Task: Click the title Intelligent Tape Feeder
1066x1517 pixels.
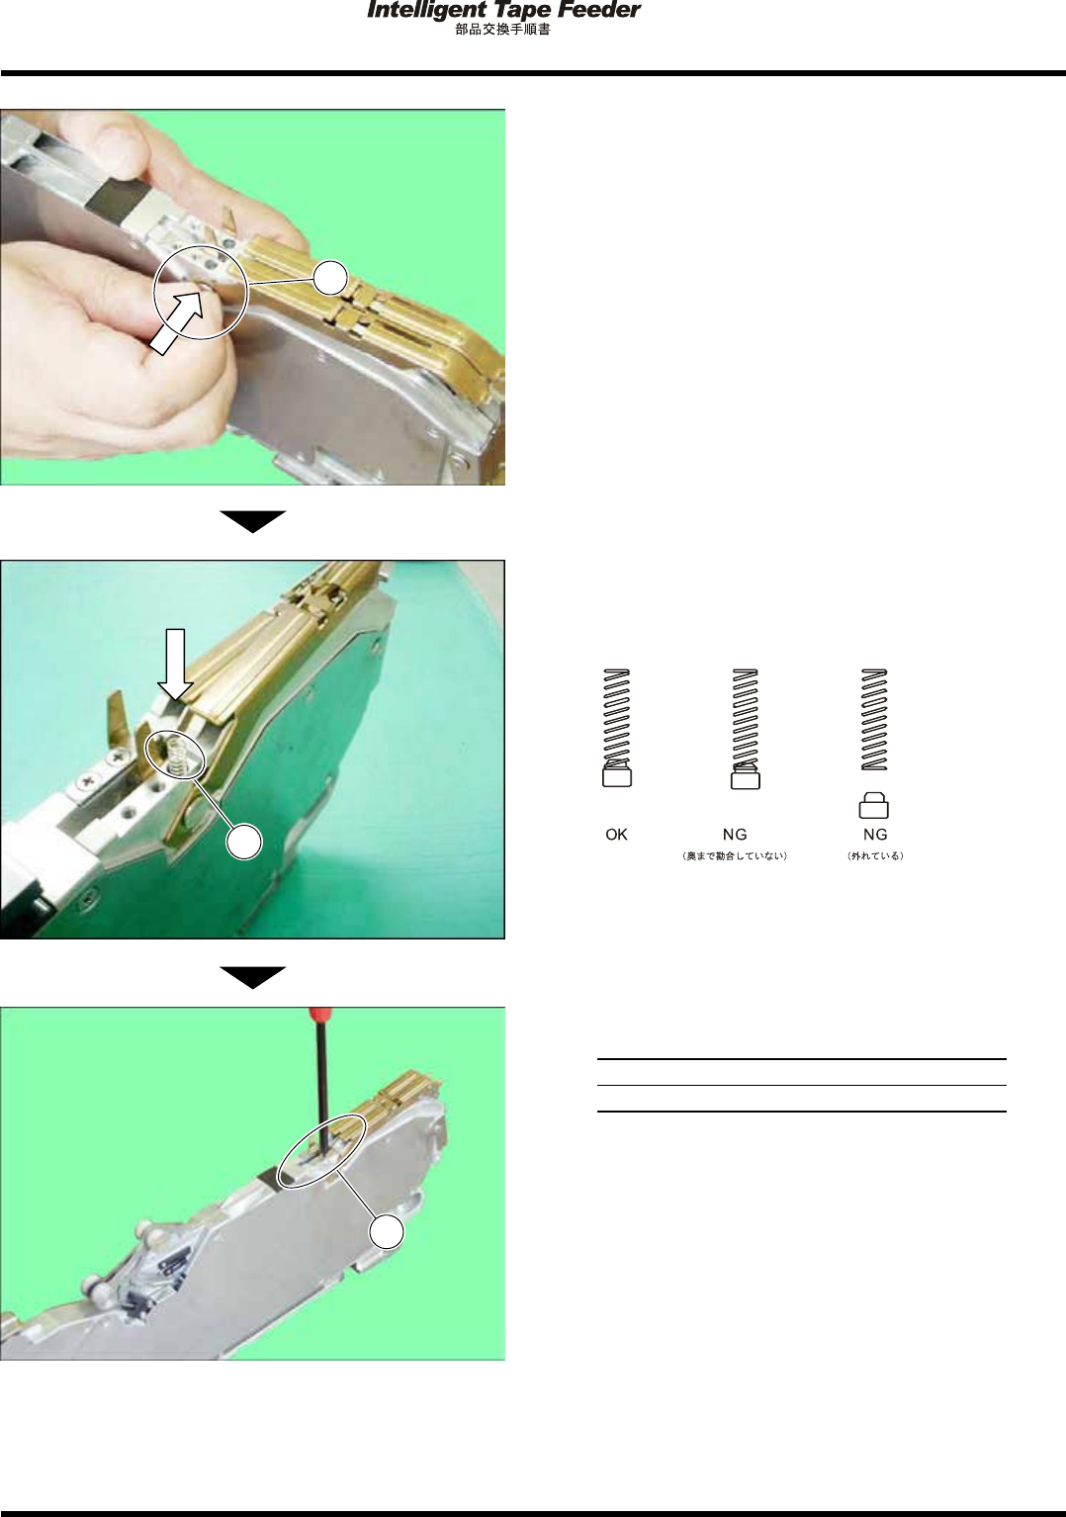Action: tap(503, 11)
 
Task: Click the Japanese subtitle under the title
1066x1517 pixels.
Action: tap(502, 31)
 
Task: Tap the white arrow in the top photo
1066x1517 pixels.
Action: tap(177, 322)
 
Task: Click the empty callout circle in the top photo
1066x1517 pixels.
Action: tap(330, 278)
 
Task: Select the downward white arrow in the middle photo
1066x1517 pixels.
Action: tap(175, 664)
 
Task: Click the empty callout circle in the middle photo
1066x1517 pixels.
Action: tap(244, 842)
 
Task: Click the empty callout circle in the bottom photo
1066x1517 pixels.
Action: tap(387, 1232)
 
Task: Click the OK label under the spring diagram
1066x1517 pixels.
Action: tap(616, 835)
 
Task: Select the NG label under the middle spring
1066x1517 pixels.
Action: tap(735, 835)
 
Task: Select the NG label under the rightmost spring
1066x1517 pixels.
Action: tap(876, 835)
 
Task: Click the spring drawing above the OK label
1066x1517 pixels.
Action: tap(616, 718)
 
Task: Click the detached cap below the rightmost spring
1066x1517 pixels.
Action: tap(873, 805)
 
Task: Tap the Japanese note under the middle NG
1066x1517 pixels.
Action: tap(735, 856)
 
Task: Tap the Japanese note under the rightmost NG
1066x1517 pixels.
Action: tap(876, 856)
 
